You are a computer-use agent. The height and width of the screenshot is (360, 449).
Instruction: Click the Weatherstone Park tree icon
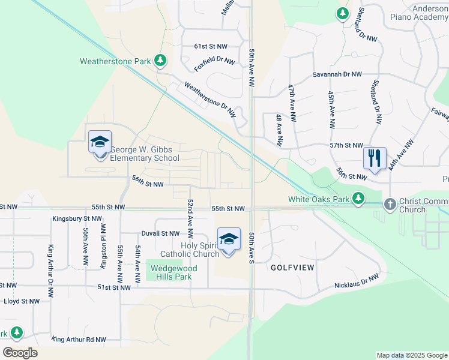160,60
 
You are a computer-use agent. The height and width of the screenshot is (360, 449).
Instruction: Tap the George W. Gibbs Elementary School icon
100,142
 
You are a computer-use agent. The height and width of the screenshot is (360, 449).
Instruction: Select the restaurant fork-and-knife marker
375,158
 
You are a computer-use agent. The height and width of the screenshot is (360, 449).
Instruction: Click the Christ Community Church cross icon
390,205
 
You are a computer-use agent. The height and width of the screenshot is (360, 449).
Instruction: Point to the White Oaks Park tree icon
358,198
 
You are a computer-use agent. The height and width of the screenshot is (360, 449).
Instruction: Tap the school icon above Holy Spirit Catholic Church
228,239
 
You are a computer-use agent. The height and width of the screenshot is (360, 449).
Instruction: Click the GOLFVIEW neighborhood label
292,268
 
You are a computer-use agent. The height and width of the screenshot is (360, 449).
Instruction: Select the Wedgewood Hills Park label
171,273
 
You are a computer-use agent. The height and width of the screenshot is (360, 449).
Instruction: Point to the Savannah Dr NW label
337,74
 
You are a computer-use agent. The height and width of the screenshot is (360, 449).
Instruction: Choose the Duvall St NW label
160,233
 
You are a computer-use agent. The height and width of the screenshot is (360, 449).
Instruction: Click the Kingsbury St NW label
77,219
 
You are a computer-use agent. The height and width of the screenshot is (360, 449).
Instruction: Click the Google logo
20,352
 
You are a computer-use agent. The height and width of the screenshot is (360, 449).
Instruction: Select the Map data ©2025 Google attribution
411,355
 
